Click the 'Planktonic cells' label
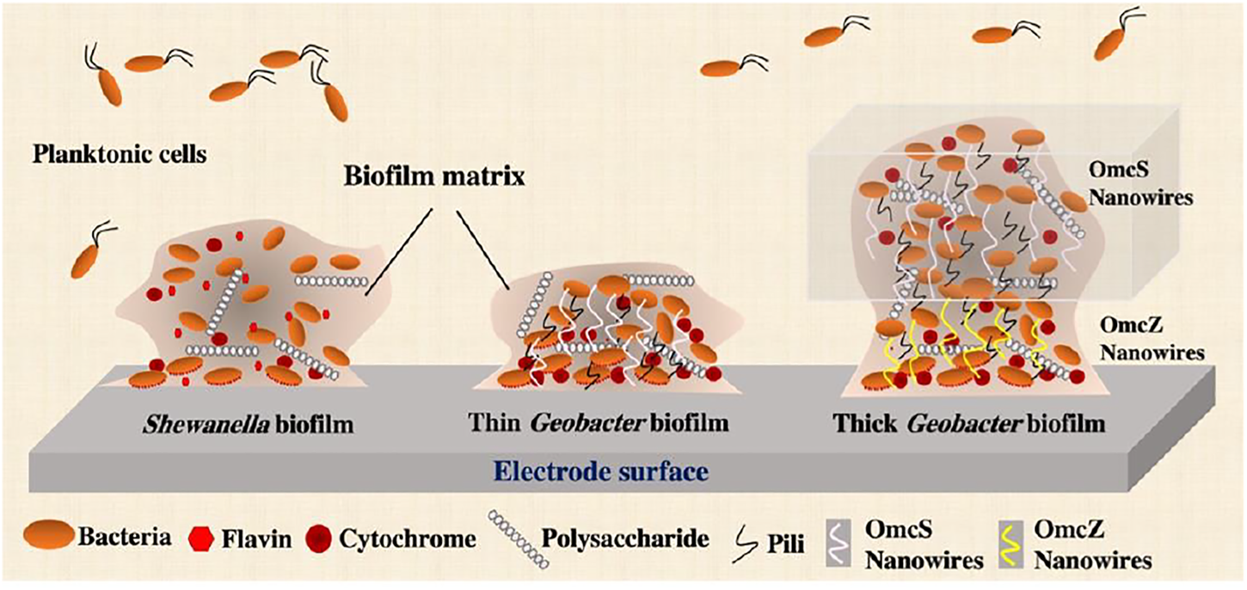coord(120,156)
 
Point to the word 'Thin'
coord(493,424)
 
